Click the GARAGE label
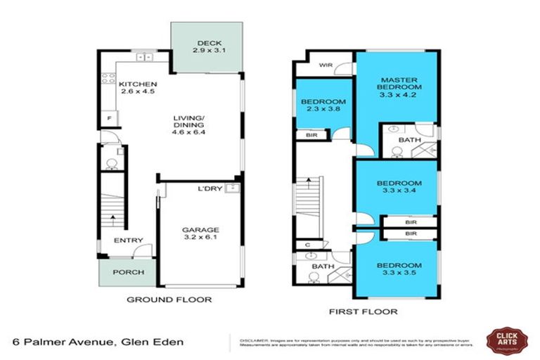click(201, 229)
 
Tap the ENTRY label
click(128, 241)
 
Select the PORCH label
click(128, 272)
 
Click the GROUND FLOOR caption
click(169, 300)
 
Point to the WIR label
click(326, 65)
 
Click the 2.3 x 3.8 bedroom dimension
click(323, 109)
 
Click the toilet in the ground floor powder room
click(110, 164)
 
